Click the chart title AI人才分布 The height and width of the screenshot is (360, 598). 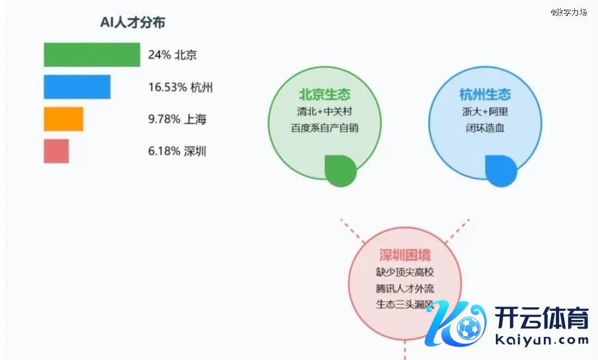(133, 22)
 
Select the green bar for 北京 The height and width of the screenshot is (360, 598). (92, 55)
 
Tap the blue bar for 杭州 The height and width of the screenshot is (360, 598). (77, 87)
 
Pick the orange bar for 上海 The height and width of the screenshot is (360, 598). (63, 119)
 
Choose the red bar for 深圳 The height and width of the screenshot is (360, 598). (56, 151)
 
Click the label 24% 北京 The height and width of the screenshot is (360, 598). (172, 55)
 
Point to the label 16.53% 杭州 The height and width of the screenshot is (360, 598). (180, 88)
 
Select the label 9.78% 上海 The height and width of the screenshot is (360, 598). (177, 119)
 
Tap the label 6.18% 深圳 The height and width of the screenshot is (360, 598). (177, 151)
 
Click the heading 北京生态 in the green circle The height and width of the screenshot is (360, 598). (324, 95)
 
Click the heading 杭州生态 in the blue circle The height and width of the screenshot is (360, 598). (485, 95)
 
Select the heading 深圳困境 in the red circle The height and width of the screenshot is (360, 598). (405, 255)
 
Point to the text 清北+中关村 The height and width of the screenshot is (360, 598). (324, 112)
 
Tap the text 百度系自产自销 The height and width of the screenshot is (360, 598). (324, 128)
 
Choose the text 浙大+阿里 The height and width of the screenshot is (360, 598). (485, 112)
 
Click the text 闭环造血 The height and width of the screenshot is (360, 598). (485, 128)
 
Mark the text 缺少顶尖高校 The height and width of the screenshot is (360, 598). (405, 272)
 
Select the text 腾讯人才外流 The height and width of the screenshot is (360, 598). (405, 288)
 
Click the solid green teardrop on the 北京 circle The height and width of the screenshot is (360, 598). (340, 171)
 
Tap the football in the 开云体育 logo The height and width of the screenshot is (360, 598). (467, 329)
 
